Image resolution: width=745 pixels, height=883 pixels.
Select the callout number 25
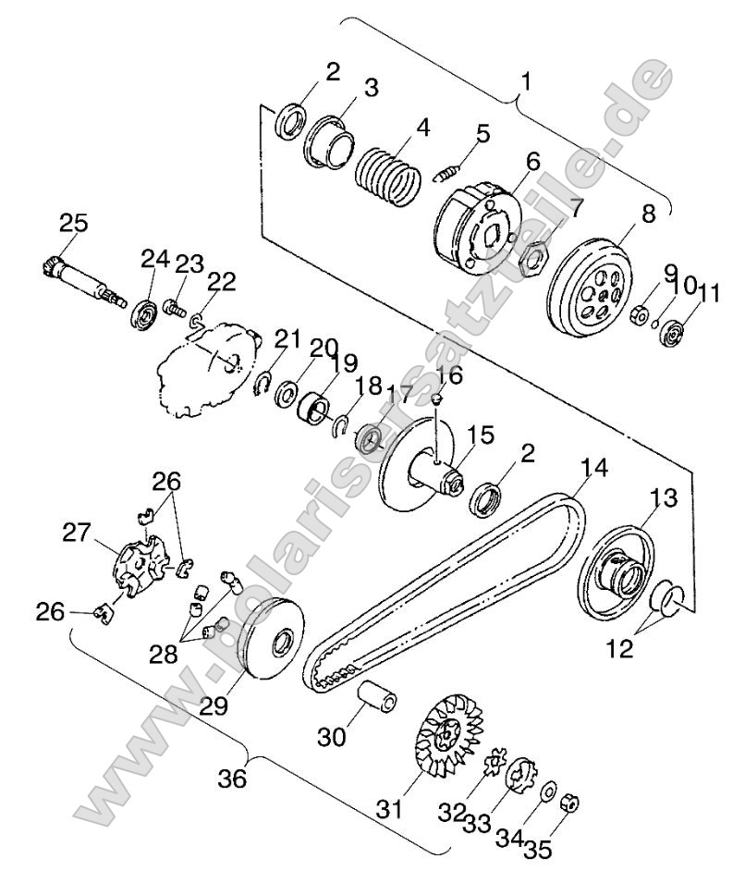[x=73, y=223]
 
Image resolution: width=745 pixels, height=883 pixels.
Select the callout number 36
[x=233, y=779]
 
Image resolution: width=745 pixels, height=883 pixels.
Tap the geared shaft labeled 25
[x=84, y=277]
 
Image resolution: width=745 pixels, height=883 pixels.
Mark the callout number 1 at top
[x=526, y=82]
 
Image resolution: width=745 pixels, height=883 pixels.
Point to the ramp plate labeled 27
[x=139, y=565]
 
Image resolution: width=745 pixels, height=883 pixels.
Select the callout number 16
[x=448, y=374]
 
